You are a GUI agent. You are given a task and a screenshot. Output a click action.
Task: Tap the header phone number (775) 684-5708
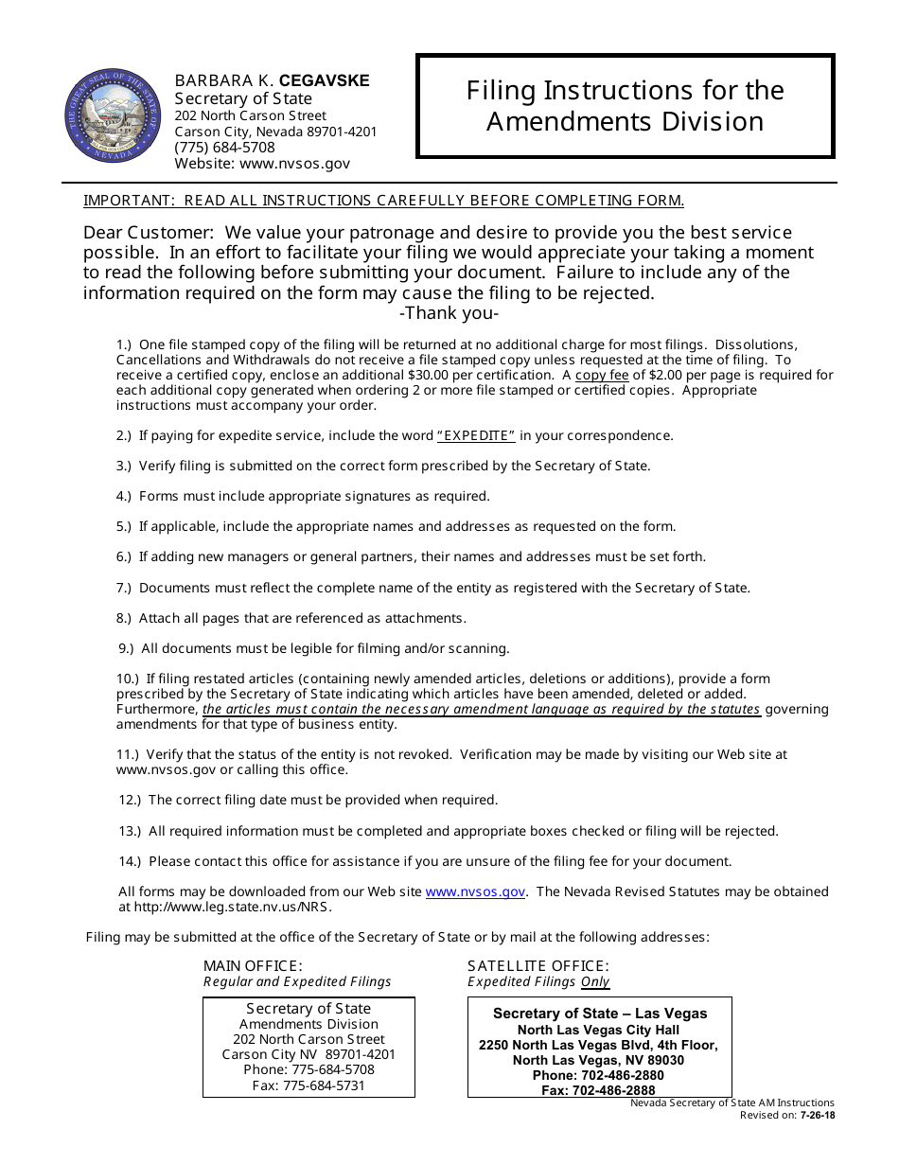224,148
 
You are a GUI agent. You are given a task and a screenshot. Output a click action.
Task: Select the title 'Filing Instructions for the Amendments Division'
625,106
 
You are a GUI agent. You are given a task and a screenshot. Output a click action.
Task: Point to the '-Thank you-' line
449,313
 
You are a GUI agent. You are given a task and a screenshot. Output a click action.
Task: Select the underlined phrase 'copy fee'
602,375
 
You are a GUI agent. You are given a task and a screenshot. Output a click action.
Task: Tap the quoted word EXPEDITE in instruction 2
476,435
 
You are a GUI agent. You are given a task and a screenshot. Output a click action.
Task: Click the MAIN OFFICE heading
253,966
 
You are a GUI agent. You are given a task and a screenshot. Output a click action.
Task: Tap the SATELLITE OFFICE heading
538,966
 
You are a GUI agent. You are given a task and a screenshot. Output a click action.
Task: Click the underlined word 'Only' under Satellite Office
595,982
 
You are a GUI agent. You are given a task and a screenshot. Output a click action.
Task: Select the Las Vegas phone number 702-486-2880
618,1075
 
